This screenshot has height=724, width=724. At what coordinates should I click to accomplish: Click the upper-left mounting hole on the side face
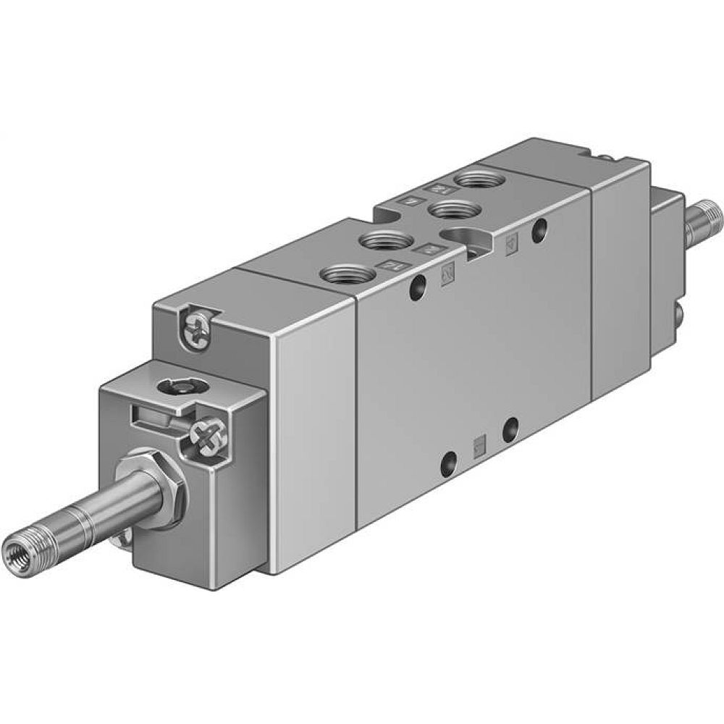point(416,287)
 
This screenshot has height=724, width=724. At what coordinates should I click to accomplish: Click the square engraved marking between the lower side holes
point(478,445)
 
